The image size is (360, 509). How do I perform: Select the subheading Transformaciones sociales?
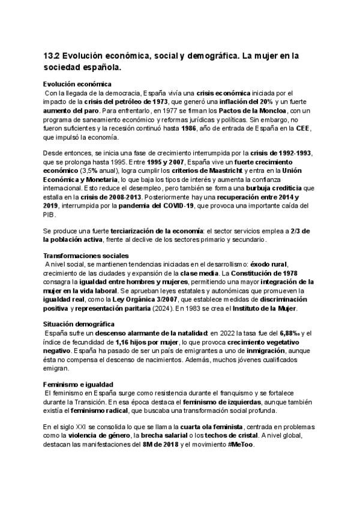tap(81, 255)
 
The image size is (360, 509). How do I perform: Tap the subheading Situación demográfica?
tap(76, 324)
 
